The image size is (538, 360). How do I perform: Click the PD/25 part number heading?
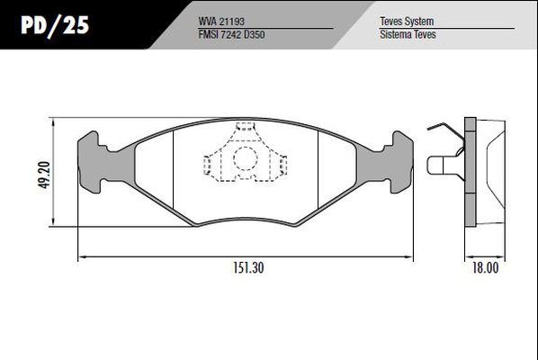(55, 25)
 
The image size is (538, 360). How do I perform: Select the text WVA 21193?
(221, 22)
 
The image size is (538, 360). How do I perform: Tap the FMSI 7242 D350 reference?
(231, 34)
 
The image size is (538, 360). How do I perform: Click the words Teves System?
(407, 22)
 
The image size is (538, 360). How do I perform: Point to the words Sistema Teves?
(408, 34)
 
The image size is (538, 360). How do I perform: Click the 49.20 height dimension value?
(44, 175)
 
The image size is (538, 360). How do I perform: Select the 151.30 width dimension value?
(248, 267)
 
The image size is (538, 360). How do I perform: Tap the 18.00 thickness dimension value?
(485, 267)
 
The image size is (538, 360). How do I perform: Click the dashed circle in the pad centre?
(246, 158)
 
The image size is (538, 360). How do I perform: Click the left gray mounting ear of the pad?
(103, 163)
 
